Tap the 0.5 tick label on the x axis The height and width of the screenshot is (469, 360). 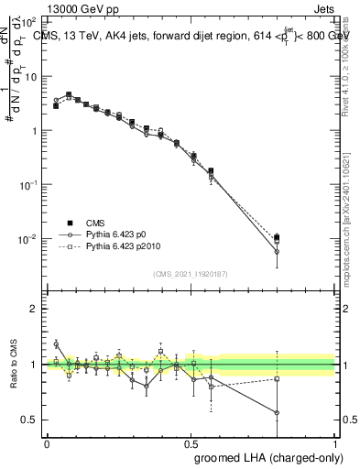coord(191,442)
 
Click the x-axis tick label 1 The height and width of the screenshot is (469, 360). coord(335,442)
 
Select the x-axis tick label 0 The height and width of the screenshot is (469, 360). coord(47,442)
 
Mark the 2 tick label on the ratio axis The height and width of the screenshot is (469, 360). coord(35,309)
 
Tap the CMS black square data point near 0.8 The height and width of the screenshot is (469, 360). coord(278,237)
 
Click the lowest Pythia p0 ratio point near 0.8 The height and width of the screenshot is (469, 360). coord(278,413)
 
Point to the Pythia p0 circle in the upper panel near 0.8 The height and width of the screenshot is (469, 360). coord(278,252)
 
